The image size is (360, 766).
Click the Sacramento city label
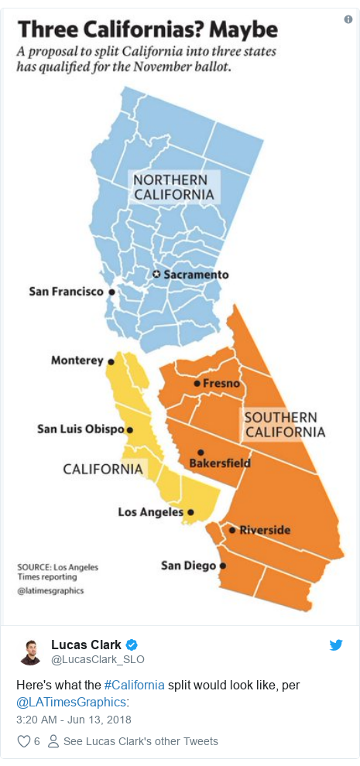coord(195,275)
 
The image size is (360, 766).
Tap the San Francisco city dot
coord(111,292)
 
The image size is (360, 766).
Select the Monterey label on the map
coord(77,361)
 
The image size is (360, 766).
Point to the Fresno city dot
coord(197,383)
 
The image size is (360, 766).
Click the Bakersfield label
coord(220,463)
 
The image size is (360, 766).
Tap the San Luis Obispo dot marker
coord(129,429)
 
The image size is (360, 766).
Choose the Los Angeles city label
coord(150,511)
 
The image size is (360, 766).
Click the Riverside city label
coord(265,530)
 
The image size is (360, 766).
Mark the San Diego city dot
coord(223,566)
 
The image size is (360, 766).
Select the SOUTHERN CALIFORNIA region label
coord(284,424)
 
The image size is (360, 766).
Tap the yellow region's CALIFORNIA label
coord(103,469)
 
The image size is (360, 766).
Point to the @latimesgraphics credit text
coord(50,590)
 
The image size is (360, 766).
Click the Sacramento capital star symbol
coord(156,275)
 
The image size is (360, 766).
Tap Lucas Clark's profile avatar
coord(31,652)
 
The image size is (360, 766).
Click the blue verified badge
coord(132,645)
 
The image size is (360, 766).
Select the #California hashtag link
coord(133,685)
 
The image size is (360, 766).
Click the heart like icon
coord(24,741)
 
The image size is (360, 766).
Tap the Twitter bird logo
coord(336,645)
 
